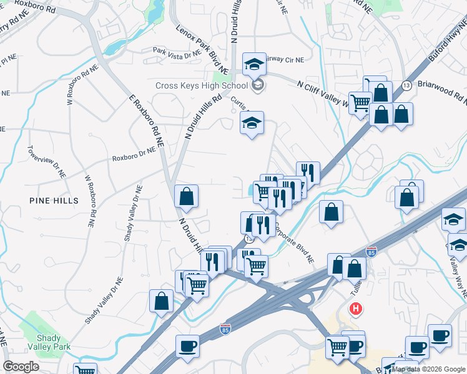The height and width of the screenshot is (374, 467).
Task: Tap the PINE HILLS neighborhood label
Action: point(54,201)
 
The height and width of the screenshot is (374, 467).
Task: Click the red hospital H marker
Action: point(356,308)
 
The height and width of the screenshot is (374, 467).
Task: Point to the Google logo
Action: point(21,367)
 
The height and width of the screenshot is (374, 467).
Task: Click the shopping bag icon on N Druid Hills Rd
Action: point(186,197)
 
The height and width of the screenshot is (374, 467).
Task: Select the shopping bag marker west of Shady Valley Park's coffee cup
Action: point(162,301)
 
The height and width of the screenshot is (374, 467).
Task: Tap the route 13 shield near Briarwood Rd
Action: point(406,85)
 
